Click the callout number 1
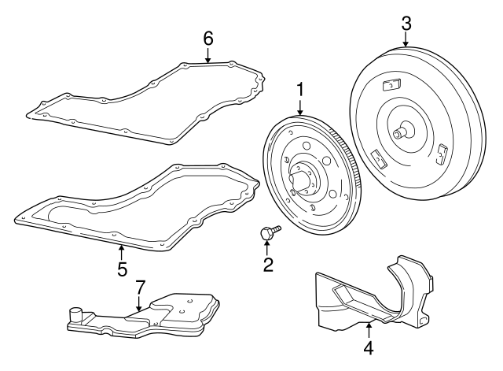tap(299, 90)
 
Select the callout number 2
tap(268, 265)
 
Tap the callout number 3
tap(406, 23)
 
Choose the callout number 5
tap(122, 269)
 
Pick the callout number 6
tap(208, 37)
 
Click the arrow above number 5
tap(122, 251)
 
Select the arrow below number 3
tap(406, 42)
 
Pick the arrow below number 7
tap(139, 303)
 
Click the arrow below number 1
tap(299, 109)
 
